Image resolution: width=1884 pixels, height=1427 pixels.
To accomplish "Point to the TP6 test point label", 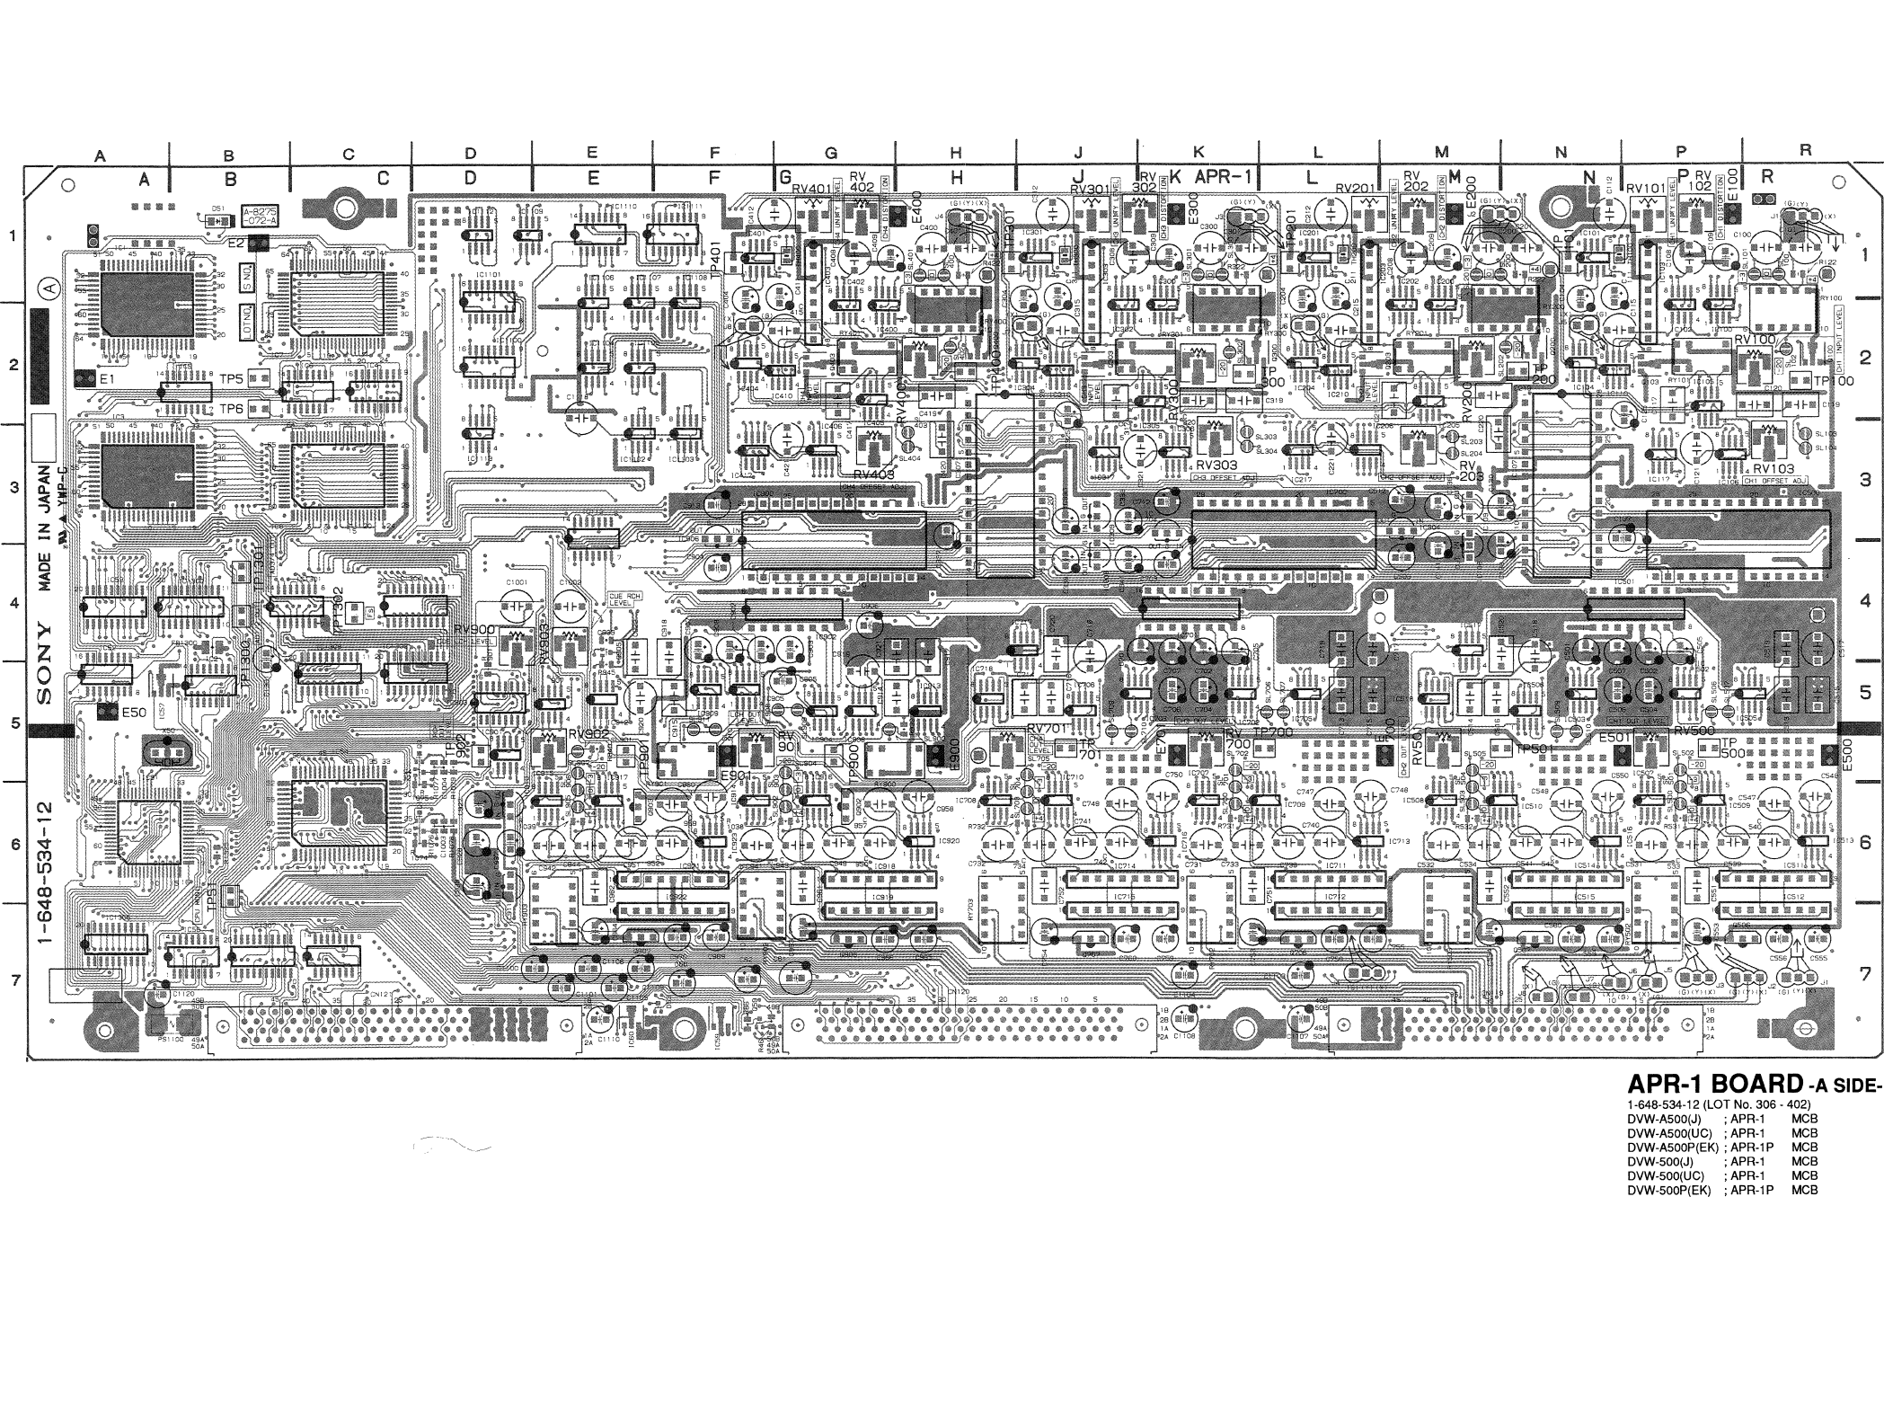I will (x=232, y=409).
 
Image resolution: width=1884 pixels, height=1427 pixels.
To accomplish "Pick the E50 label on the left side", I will (x=134, y=712).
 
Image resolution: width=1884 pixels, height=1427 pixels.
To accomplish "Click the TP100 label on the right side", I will (x=1833, y=381).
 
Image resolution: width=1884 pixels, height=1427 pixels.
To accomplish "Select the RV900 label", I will (x=474, y=629).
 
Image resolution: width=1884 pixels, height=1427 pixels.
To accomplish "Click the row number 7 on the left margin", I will (x=15, y=979).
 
